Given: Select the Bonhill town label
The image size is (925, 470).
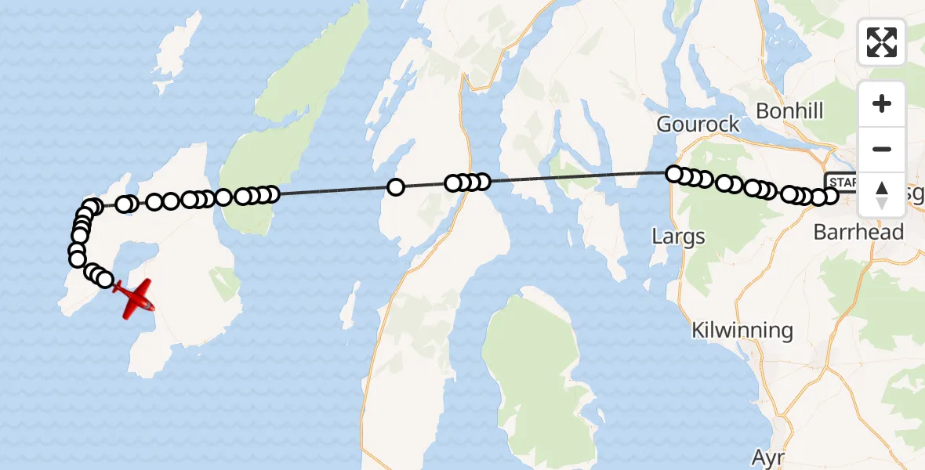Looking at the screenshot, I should click(789, 111).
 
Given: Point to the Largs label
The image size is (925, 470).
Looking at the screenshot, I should click(678, 236).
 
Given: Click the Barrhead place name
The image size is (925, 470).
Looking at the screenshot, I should click(858, 232).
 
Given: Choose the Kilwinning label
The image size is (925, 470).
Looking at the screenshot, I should click(742, 330).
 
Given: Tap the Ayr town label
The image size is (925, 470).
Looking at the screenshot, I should click(768, 457).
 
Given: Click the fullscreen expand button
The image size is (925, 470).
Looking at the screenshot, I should click(882, 42).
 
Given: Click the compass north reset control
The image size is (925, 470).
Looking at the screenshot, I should click(882, 194).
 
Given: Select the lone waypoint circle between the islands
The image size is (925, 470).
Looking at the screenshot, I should click(396, 187).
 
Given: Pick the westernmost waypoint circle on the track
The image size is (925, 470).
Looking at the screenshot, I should click(77, 258).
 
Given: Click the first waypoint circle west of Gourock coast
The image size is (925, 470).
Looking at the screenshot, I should click(673, 174).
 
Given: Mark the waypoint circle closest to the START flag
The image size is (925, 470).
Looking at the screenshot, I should click(829, 195).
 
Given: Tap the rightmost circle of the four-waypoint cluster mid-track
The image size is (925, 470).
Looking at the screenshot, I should click(482, 182).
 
